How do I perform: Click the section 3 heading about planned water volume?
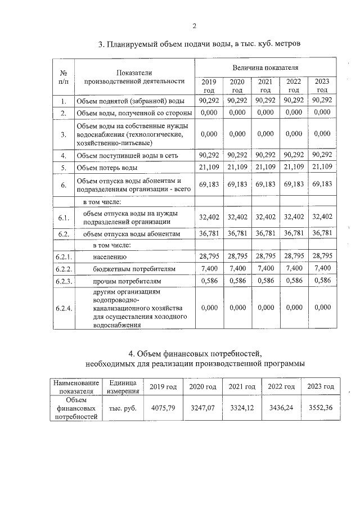click(195, 44)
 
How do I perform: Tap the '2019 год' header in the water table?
click(209, 85)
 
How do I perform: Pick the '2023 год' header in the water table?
click(322, 85)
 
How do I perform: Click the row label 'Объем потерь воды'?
click(107, 168)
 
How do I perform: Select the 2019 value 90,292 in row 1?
click(209, 101)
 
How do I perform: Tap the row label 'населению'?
click(110, 256)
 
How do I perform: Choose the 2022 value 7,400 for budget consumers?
click(294, 268)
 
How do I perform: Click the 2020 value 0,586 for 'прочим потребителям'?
click(237, 280)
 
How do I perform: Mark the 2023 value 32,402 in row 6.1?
click(322, 217)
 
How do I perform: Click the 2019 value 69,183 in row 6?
click(209, 184)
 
